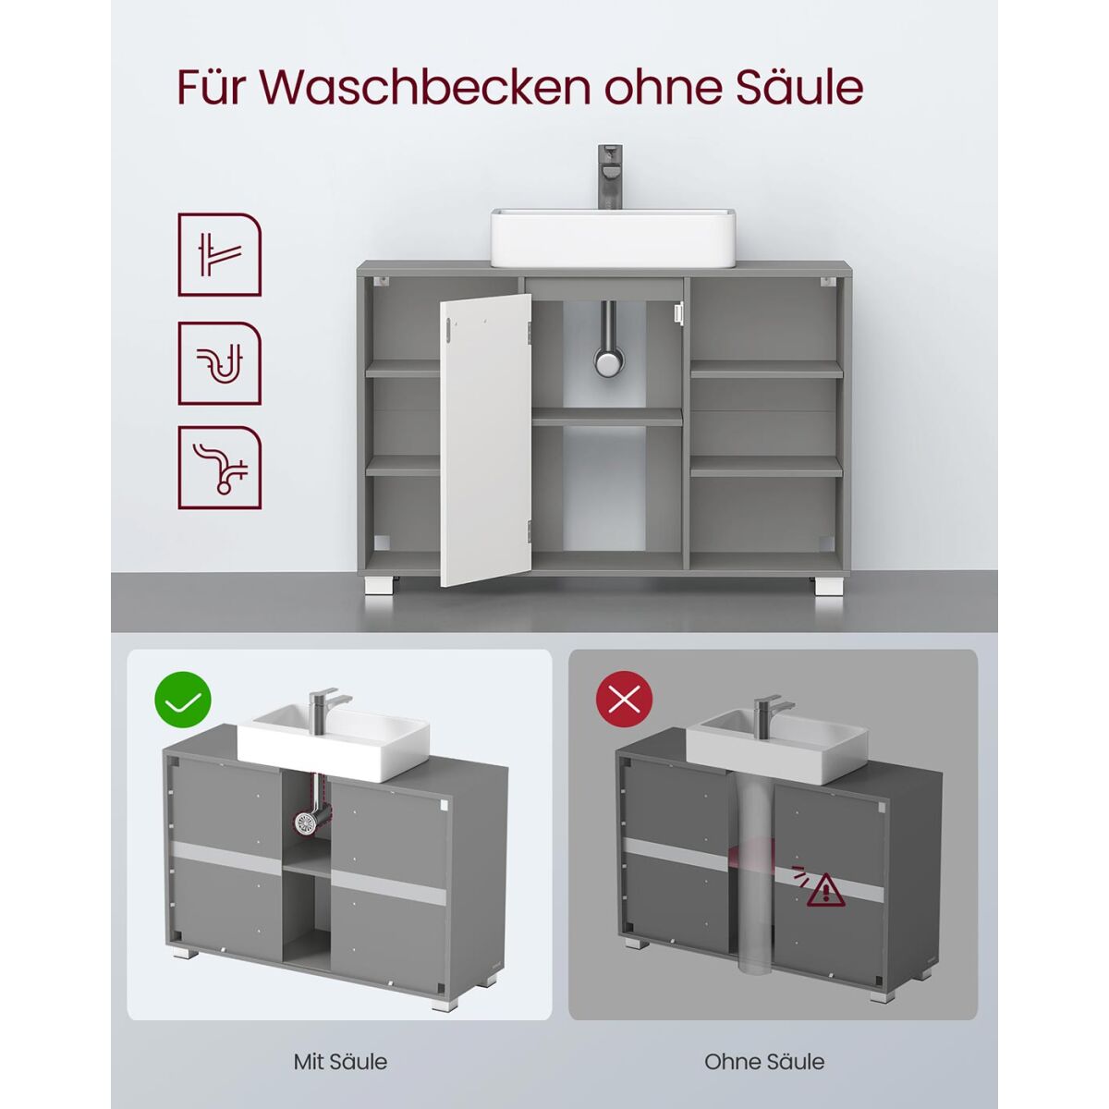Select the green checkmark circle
[x=182, y=700]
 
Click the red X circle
[x=625, y=700]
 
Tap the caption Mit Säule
[x=340, y=1045]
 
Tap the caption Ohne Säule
[x=764, y=1045]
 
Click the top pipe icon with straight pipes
[x=219, y=255]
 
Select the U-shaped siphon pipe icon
[x=219, y=363]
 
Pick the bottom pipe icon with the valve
[x=219, y=468]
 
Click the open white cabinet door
[x=486, y=440]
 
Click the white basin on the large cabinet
[x=613, y=238]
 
